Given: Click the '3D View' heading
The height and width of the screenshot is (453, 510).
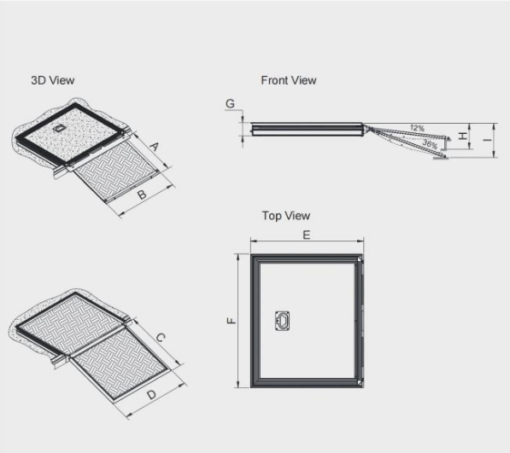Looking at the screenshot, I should click(52, 80).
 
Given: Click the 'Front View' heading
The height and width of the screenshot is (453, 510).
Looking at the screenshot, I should click(288, 80).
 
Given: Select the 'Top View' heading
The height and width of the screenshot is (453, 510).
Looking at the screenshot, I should click(285, 216).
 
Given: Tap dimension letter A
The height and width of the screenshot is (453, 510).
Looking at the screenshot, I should click(154, 147).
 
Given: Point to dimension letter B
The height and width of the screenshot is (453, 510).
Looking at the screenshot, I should click(142, 195).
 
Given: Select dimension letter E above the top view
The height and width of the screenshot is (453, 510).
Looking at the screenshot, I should click(306, 235).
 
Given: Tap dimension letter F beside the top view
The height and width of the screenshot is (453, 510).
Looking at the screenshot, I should click(230, 322).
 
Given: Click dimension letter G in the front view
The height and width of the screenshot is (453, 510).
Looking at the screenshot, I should click(230, 104).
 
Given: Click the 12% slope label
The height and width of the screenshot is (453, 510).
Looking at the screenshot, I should click(417, 127).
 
